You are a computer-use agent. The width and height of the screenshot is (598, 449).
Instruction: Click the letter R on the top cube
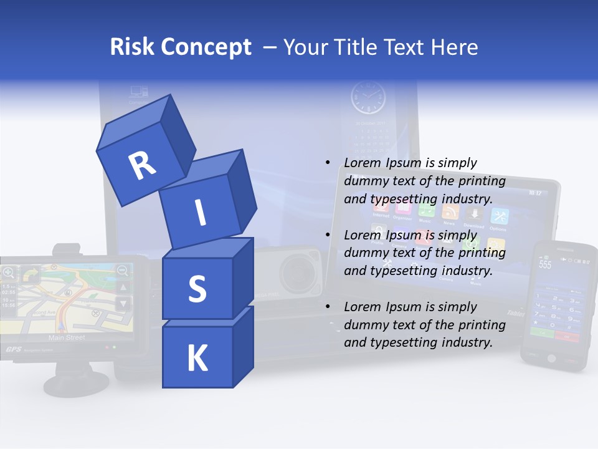pos(142,165)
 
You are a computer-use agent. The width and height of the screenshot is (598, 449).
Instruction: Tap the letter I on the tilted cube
pos(200,213)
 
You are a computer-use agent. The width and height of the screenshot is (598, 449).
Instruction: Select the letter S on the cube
pos(197,289)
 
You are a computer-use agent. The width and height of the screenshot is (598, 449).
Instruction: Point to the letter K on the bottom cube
pos(197,358)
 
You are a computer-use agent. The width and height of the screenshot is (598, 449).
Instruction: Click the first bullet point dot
pos(328,163)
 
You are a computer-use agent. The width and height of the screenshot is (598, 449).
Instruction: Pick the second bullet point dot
pos(328,235)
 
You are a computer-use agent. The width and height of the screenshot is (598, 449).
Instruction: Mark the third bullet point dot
pos(328,307)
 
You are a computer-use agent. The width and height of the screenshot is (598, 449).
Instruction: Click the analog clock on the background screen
pos(368,99)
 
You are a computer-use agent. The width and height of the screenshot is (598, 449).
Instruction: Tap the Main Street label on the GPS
pos(67,337)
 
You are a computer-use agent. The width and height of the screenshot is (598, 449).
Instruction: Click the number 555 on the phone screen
pos(545,264)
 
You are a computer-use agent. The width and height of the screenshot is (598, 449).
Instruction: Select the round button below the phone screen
pos(551,358)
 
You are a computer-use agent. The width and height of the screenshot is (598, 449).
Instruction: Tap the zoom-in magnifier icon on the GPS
pos(9,271)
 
